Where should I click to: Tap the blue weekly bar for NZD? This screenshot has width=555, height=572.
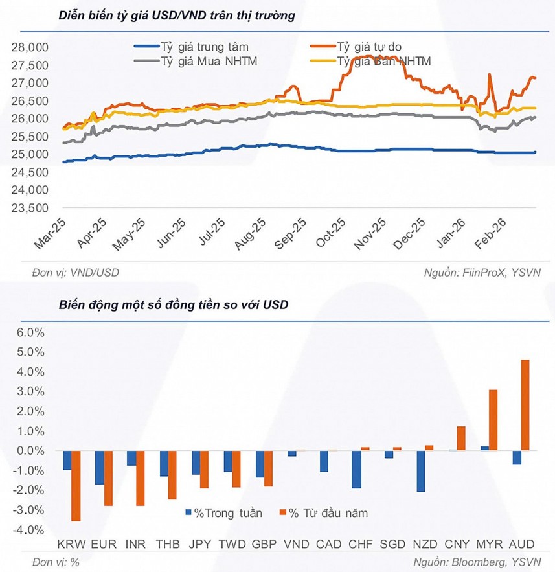pyautogui.click(x=421, y=471)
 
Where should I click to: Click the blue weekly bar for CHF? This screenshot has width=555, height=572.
pyautogui.click(x=357, y=469)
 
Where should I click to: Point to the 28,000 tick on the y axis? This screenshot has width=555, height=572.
pyautogui.click(x=30, y=48)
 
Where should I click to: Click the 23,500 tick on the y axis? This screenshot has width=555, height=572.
pyautogui.click(x=30, y=208)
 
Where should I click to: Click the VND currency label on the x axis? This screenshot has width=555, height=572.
pyautogui.click(x=298, y=543)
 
